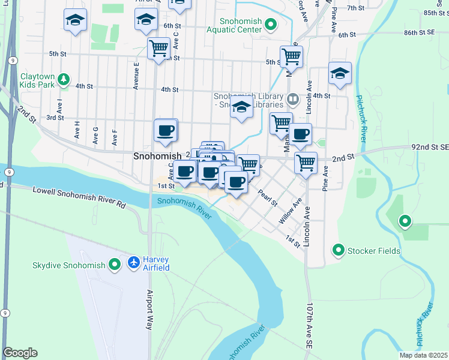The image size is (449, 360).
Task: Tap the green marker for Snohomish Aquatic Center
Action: coord(271,25)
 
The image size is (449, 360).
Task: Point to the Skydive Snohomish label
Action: coord(69,265)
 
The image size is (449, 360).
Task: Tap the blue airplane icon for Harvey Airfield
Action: coord(134,263)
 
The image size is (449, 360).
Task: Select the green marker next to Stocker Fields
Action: coord(339,250)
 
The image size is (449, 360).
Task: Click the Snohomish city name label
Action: coord(157,156)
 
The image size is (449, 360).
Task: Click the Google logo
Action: coord(20,352)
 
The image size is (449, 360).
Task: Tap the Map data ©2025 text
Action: coord(423,355)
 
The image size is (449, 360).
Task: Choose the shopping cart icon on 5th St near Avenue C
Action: coord(159,47)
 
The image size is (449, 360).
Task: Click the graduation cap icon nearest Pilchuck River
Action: coord(340,74)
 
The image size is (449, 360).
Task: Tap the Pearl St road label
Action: coord(267,197)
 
